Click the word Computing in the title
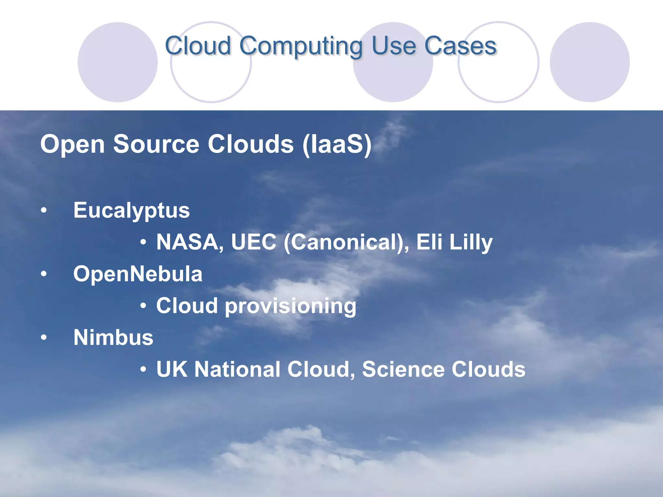[x=301, y=46]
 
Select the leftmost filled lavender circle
[x=118, y=62]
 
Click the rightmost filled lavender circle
[x=590, y=62]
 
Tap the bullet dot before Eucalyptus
[x=44, y=211]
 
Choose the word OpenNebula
[x=138, y=274]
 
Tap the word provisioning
[x=290, y=306]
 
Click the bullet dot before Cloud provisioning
[x=143, y=306]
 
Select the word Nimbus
[x=113, y=337]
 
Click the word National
[x=237, y=369]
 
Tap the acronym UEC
[x=253, y=242]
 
